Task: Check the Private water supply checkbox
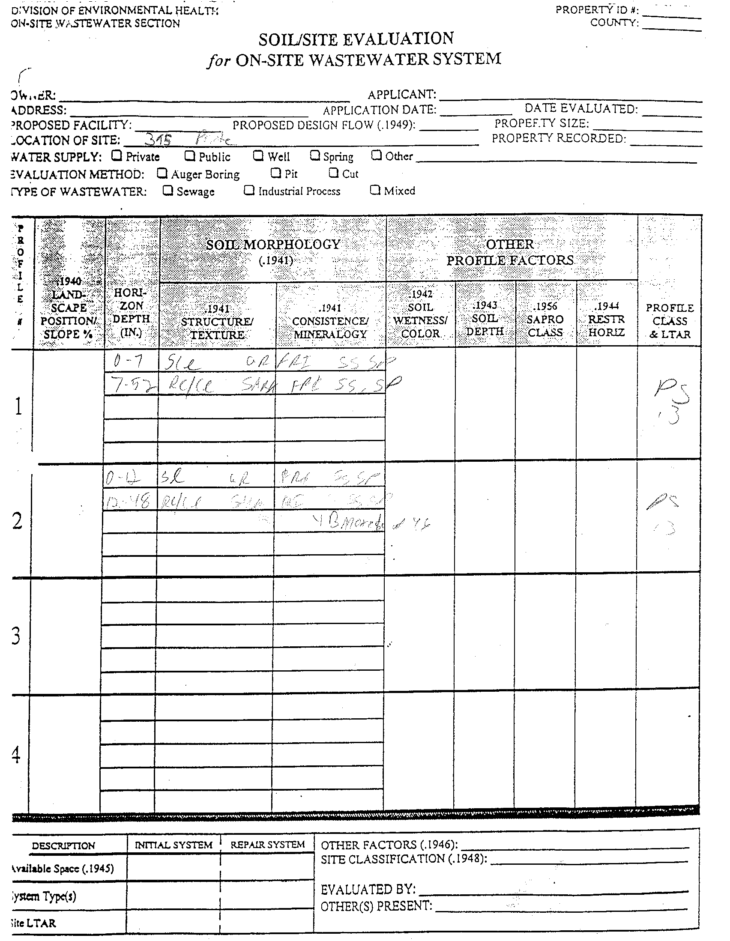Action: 117,155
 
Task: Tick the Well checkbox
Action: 258,155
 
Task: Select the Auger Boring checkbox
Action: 162,173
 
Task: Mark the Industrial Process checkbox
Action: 249,190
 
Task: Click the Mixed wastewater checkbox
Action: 375,190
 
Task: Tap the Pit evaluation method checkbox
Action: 276,173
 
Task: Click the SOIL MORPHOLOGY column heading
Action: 273,245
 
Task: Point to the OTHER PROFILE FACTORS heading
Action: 510,252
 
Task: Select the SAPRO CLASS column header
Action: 545,319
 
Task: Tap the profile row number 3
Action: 16,636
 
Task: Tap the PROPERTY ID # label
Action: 597,10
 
